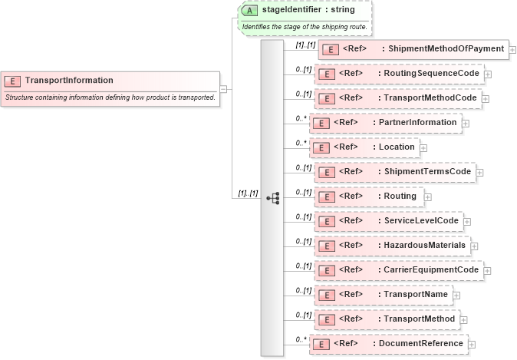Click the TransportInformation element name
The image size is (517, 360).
(x=69, y=80)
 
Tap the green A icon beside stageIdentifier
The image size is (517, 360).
(x=249, y=11)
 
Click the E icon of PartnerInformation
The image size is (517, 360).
(x=321, y=123)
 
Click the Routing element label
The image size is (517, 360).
(x=400, y=197)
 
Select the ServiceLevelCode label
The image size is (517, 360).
(x=421, y=221)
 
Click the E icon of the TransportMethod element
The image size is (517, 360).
(x=326, y=319)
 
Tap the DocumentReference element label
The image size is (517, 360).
(x=420, y=344)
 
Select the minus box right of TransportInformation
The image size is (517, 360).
(x=223, y=88)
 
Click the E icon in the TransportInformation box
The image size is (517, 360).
(x=12, y=81)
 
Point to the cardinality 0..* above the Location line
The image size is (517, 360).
(x=302, y=142)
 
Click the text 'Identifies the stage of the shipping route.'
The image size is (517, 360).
(x=305, y=27)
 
